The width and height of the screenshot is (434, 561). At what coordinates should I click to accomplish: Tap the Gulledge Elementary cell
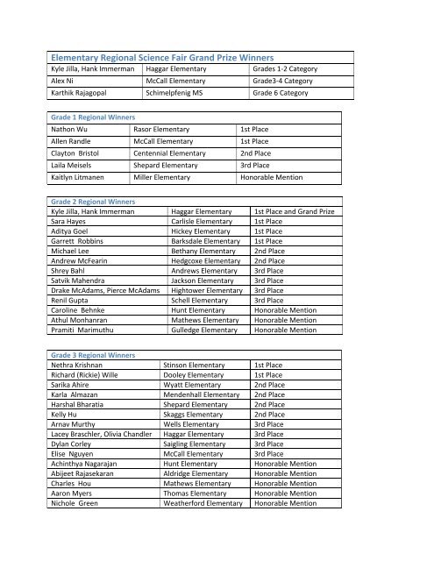205,329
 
